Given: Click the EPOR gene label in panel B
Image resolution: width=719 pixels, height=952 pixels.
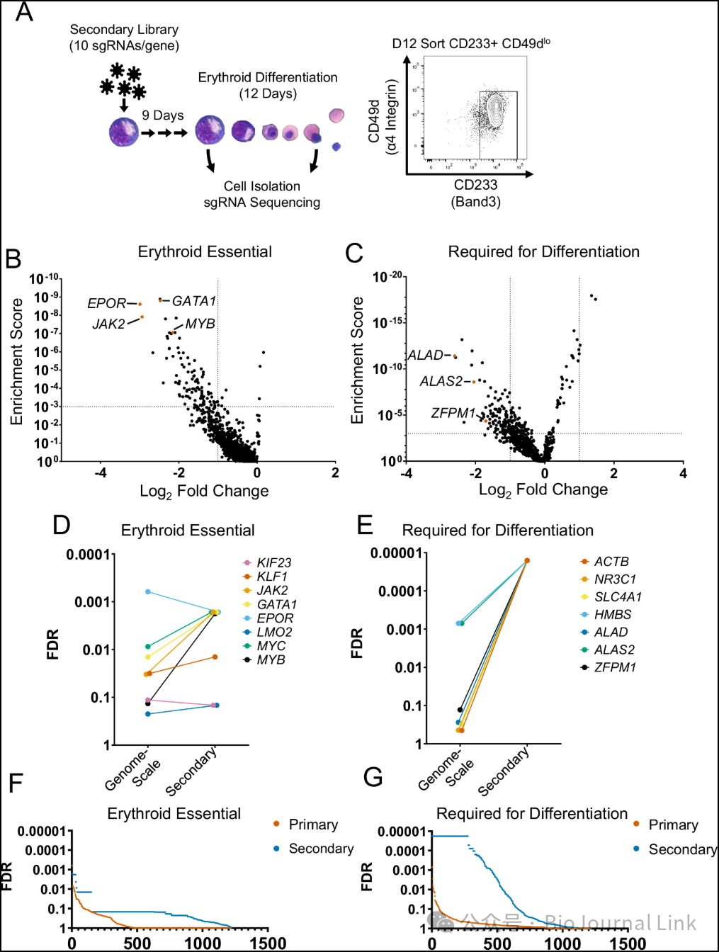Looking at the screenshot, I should pos(106,303).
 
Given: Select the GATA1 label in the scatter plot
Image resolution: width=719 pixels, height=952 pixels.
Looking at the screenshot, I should pos(193,301).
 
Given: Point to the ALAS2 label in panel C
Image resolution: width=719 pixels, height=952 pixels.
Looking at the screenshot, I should pos(441,381).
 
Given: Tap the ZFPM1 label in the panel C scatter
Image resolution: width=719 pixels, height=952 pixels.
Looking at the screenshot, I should pos(453,412).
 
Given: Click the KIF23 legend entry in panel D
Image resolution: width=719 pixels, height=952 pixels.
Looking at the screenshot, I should pos(273,562).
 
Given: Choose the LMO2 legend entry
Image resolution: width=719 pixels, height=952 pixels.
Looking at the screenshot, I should pos(274,632).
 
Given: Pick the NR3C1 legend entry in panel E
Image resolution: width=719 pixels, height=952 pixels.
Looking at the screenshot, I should pos(615,579).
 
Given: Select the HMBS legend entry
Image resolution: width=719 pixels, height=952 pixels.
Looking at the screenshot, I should pos(613,614).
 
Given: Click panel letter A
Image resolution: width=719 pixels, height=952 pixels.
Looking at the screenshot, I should pos(24,12).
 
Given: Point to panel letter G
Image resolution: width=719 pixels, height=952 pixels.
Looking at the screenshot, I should pos(373,777).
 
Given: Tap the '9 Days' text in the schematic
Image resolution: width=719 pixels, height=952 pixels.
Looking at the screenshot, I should pos(162,115).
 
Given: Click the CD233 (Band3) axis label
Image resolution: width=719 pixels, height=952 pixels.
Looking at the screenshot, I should pos(475,193).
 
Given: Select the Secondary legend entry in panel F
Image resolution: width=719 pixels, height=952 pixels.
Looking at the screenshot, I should pos(321,848).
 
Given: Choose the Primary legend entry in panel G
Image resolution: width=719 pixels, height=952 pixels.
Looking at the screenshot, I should pos(673,824).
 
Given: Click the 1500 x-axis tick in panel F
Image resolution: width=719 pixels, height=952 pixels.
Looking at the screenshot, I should pos(268,943).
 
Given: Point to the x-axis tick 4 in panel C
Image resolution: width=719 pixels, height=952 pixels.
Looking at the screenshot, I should pos(683,473).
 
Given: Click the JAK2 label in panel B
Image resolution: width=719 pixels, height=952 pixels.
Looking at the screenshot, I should pos(108,324).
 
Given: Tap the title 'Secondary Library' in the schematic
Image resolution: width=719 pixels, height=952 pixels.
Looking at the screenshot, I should pos(124,30).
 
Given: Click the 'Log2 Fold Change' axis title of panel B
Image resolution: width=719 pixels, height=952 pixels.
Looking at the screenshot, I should pos(204,491).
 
